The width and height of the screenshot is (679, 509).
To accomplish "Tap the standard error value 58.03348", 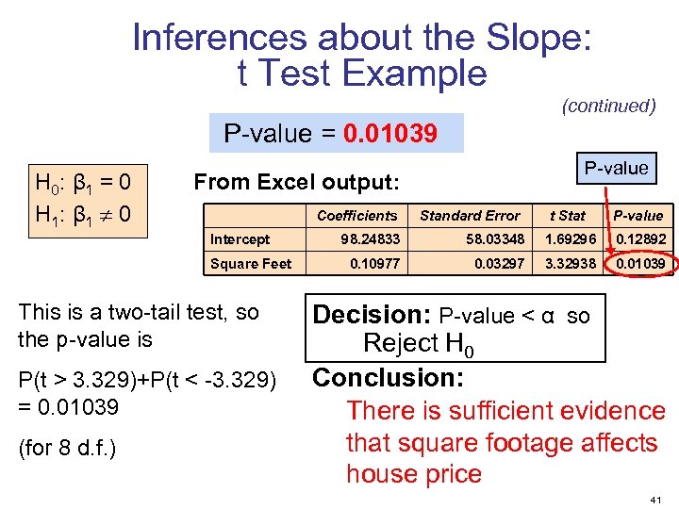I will (495, 239).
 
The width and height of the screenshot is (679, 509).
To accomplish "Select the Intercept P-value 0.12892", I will (641, 239).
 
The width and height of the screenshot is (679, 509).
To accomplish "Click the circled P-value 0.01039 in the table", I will (641, 264).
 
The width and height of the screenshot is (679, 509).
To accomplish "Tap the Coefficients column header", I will (356, 216).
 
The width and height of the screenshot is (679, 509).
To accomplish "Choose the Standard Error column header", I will (470, 216).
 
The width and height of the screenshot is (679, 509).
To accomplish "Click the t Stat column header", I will (568, 216).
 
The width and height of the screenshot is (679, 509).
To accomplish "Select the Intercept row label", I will (240, 239).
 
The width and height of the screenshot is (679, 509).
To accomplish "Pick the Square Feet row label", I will (251, 264).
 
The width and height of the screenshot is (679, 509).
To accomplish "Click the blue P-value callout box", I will (616, 169).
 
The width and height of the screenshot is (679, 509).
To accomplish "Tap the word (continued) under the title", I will (608, 106).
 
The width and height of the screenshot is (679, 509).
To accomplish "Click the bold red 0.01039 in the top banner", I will (389, 134).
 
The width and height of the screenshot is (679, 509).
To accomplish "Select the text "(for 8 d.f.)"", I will (67, 447).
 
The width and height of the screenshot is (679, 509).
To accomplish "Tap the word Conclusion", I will (388, 378).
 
